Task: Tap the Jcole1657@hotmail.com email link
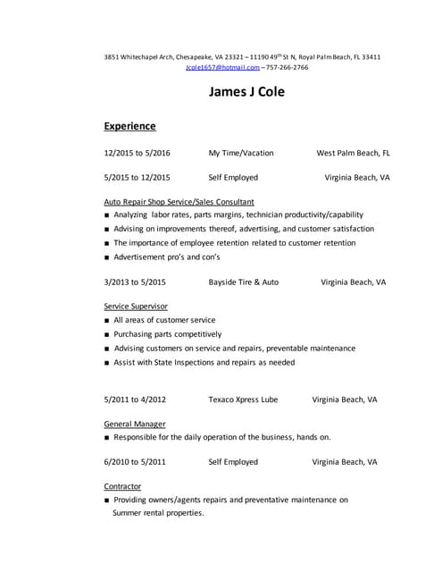[223, 67]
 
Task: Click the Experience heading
[129, 126]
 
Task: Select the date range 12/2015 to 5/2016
[137, 153]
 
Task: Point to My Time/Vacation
[241, 153]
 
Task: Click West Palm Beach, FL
[353, 153]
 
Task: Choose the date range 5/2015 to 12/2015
[137, 177]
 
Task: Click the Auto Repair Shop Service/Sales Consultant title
[179, 202]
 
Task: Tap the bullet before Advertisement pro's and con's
[107, 258]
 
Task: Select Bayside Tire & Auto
[243, 282]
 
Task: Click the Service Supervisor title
[136, 306]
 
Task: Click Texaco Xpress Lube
[242, 400]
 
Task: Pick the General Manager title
[134, 424]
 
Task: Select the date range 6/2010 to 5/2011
[135, 462]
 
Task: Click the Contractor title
[122, 486]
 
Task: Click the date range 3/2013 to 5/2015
[135, 282]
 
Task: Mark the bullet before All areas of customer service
[107, 320]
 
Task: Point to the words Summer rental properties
[158, 513]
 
